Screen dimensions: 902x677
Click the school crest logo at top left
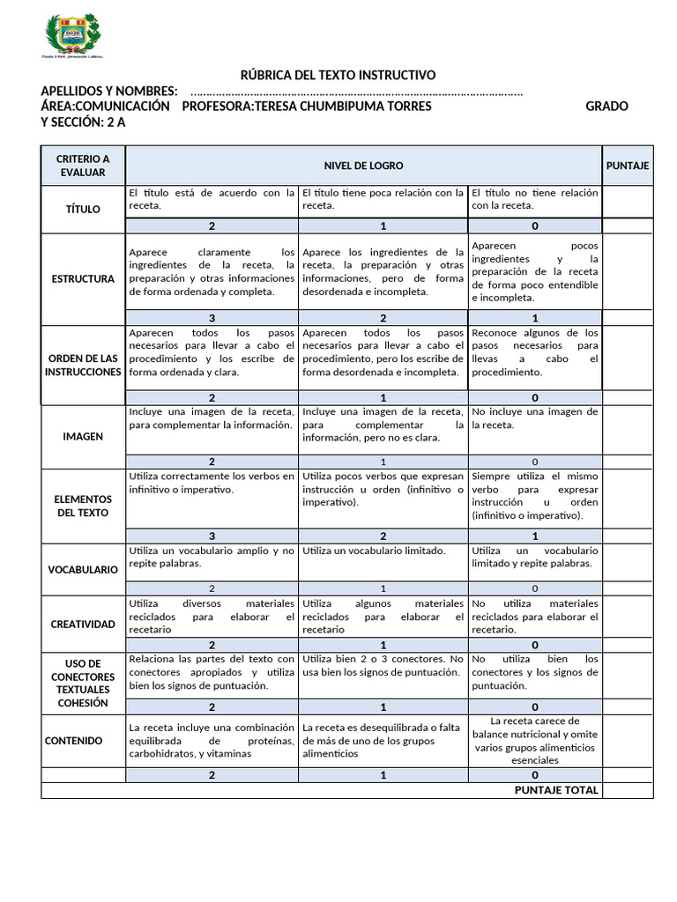click(74, 38)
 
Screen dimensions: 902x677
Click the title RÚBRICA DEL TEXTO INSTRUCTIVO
click(338, 76)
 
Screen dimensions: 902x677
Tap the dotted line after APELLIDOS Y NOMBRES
click(356, 92)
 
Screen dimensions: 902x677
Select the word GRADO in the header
click(606, 107)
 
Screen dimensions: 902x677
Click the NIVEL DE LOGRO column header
click(363, 166)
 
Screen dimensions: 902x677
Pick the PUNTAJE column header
click(628, 166)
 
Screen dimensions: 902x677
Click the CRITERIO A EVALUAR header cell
click(83, 166)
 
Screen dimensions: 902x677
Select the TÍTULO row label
click(83, 210)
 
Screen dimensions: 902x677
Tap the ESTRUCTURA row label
click(83, 278)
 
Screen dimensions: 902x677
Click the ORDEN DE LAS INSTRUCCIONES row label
click(83, 366)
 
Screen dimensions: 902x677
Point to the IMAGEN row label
click(83, 436)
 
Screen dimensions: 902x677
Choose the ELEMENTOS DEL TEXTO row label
click(83, 506)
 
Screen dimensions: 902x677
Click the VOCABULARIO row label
click(83, 569)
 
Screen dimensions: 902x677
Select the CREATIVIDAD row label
click(83, 624)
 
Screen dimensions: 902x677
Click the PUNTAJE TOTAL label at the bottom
click(556, 790)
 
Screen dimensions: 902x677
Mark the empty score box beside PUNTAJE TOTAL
click(628, 790)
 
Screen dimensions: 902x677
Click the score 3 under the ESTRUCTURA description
click(212, 318)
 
